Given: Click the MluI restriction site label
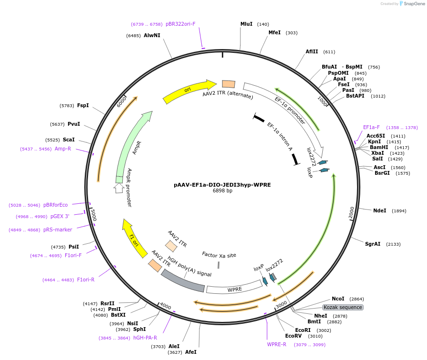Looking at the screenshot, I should coord(247,24).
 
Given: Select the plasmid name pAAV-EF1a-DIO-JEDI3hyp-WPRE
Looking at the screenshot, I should coord(222,185).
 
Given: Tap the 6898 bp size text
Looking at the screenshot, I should coord(222,191).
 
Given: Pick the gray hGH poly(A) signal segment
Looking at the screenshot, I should coord(183,281).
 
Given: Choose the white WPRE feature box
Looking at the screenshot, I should coord(234,289).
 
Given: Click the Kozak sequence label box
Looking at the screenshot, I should coord(343,307).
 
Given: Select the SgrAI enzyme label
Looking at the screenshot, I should coord(373,244).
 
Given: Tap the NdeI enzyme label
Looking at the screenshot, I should coord(379,210).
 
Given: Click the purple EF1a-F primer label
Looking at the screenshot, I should coord(371,128).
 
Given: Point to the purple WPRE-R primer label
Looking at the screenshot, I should coord(277,344).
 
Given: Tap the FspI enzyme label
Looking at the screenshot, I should coord(83,105).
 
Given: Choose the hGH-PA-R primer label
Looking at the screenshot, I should coord(145,338).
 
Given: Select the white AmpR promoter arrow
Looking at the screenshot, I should coord(119,188).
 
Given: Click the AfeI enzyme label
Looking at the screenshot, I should coord(190,352).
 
